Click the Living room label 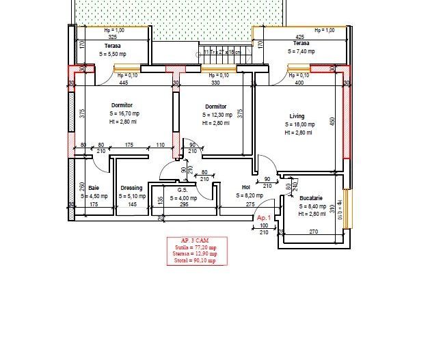point(297,116)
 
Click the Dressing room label point(131,188)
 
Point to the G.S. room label point(183,191)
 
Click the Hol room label point(246,187)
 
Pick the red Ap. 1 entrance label point(265,217)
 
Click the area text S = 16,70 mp point(122,114)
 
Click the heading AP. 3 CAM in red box point(196,241)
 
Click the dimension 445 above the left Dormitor point(124,83)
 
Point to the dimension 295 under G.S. point(184,204)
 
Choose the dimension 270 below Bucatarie point(313,232)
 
